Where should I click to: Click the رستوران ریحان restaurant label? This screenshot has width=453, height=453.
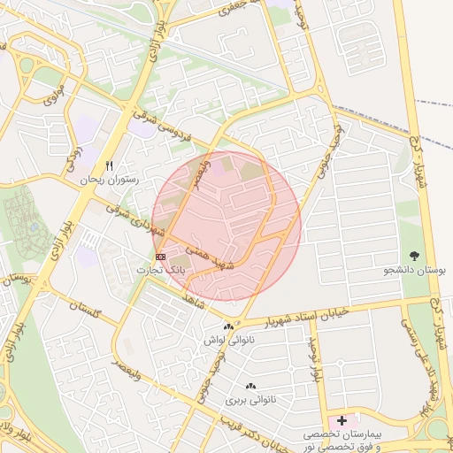click(110, 180)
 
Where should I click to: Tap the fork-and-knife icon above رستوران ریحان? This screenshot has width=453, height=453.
click(110, 165)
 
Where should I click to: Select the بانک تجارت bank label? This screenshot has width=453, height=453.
click(160, 269)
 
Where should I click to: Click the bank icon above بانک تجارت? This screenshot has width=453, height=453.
click(160, 256)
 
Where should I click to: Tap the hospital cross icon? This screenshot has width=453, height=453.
click(342, 419)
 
